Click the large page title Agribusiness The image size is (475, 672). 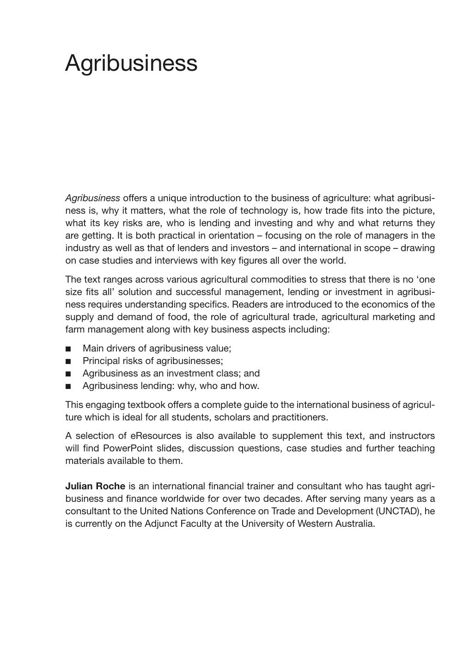pyautogui.click(x=131, y=63)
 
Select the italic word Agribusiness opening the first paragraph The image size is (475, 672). pyautogui.click(x=92, y=198)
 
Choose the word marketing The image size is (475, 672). pyautogui.click(x=394, y=317)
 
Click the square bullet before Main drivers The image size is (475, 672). pyautogui.click(x=68, y=349)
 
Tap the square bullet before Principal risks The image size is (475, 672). pyautogui.click(x=68, y=361)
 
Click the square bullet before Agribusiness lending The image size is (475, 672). pyautogui.click(x=68, y=386)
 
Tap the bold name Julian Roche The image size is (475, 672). pyautogui.click(x=95, y=487)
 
